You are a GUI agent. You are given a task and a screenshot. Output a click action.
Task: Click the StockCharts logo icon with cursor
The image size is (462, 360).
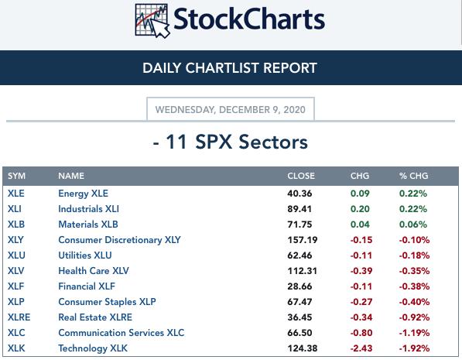(152, 21)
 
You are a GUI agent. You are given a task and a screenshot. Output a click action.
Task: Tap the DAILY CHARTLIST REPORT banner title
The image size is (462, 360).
(230, 68)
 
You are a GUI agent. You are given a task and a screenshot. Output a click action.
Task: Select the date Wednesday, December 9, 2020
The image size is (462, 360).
(231, 110)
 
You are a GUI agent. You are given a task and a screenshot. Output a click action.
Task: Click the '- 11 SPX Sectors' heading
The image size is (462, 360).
(231, 142)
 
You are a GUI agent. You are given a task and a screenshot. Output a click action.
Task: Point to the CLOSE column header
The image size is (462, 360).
(301, 176)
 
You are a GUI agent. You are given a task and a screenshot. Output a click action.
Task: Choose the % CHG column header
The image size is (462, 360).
(414, 176)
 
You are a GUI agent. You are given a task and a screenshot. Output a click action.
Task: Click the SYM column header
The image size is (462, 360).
(16, 176)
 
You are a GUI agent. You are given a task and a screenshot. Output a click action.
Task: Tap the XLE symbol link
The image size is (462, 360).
(16, 194)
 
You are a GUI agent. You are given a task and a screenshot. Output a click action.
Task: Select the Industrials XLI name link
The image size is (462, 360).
(89, 209)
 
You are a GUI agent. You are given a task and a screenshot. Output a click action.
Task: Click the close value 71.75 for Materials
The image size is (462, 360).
(299, 225)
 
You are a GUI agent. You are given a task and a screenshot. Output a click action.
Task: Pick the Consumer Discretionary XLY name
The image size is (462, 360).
(119, 240)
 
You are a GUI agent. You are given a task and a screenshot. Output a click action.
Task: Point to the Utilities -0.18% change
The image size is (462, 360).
(414, 255)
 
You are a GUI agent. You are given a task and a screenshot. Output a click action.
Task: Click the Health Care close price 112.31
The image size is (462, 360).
(303, 271)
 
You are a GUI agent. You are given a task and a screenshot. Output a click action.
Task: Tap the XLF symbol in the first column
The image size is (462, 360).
(15, 286)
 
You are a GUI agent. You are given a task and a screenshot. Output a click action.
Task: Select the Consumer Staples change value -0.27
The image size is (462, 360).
(361, 302)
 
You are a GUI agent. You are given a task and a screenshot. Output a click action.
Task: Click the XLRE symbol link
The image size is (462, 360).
(19, 317)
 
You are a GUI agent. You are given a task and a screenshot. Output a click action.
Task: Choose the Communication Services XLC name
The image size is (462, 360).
(121, 333)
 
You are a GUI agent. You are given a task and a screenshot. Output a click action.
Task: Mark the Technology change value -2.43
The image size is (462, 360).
(361, 348)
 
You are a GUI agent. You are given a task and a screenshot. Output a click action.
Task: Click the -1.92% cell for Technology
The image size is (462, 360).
(414, 348)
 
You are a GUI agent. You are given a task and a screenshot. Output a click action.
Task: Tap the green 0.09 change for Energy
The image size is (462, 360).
(360, 194)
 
